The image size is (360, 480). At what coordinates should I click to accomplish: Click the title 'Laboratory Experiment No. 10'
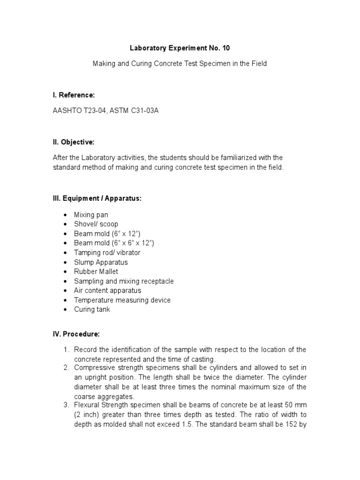coord(180,48)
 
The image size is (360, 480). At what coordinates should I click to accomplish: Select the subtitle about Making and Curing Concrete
coord(180,63)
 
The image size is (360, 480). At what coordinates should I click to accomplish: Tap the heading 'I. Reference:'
coord(74,95)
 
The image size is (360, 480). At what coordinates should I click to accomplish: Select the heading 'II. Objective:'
coord(74,142)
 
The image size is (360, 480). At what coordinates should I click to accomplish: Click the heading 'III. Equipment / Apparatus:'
coord(97,198)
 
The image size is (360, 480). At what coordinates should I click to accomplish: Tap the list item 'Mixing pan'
coord(91,215)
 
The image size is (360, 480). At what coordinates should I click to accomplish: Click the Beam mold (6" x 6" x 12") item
coord(114,243)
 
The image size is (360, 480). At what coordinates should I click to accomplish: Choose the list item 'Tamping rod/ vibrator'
coord(107,253)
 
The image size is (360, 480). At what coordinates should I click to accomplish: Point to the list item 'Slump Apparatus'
coord(100,262)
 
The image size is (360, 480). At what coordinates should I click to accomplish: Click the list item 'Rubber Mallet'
coord(96,271)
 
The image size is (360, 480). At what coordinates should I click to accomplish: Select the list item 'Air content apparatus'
coord(107,291)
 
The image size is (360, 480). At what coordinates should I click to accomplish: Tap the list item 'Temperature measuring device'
coord(122,300)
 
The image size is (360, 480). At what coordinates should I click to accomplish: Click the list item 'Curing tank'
coord(92,309)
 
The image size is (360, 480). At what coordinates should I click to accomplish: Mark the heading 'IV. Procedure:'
coord(76,334)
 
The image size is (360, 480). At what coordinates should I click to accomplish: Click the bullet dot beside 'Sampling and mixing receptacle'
coord(64,281)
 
